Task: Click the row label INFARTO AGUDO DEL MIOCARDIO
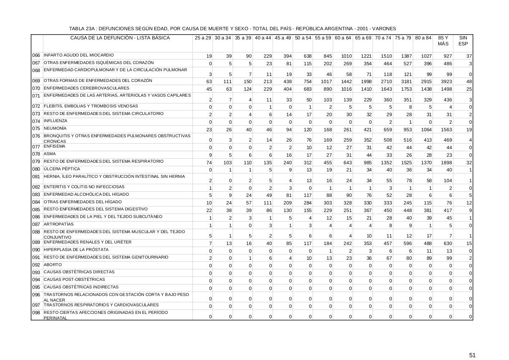79,55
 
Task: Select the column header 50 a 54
303,38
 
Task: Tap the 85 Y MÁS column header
443,41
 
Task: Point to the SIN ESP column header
463,41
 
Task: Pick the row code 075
36,129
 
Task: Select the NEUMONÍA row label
55,128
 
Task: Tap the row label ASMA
50,154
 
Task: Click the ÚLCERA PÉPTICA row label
62,169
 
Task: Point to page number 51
472,344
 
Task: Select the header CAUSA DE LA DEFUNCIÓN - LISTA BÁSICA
120,38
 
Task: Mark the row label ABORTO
52,265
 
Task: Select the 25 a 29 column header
203,38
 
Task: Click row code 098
36,313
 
